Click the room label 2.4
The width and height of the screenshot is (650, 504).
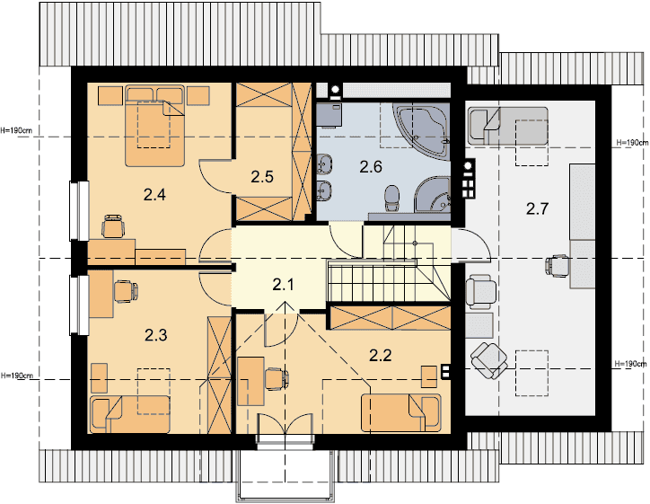[154, 194]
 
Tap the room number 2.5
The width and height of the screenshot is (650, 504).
[262, 177]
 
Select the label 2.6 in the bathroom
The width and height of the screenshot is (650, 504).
[371, 167]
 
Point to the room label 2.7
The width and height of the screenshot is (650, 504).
[537, 208]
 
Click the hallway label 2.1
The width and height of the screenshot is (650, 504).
[284, 285]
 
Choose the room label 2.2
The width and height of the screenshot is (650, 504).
[380, 355]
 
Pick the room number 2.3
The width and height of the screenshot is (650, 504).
[156, 334]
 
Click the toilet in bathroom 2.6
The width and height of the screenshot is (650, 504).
[391, 198]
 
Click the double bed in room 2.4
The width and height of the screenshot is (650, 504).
[154, 126]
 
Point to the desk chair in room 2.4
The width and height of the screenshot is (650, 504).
[113, 226]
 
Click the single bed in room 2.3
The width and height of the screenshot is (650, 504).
[130, 414]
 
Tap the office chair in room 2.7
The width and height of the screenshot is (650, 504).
[558, 266]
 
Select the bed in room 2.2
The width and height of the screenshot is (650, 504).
[400, 412]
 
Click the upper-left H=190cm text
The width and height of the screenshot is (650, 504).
[16, 130]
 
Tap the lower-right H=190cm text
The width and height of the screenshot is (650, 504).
[631, 364]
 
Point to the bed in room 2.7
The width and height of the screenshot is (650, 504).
[508, 126]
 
